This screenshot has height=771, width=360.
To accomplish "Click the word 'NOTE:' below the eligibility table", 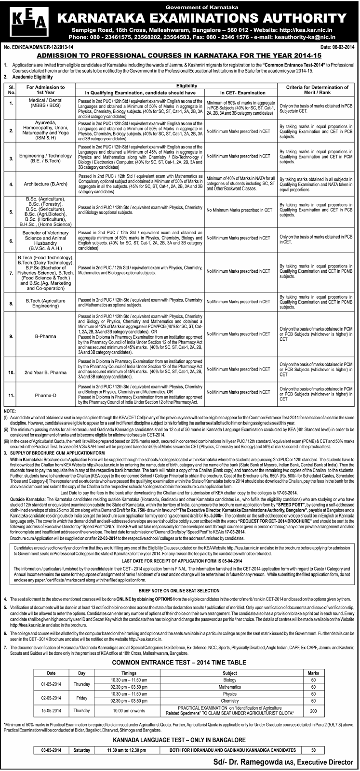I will (9, 410).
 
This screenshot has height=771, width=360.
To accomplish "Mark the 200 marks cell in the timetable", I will (313, 713).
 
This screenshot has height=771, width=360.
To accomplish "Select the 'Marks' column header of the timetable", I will (313, 671).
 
